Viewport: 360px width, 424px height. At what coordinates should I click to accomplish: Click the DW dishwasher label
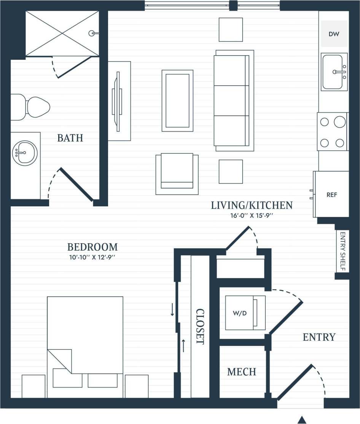tap(334, 34)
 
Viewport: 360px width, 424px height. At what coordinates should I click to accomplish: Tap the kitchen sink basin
tap(334, 72)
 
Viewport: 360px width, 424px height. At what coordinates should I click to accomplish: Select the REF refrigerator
tap(331, 194)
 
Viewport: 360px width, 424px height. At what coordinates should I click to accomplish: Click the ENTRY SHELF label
tap(342, 252)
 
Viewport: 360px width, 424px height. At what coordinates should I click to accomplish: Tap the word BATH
tap(70, 138)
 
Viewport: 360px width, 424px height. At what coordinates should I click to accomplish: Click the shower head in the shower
tap(92, 33)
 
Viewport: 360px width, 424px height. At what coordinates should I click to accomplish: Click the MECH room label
tap(242, 372)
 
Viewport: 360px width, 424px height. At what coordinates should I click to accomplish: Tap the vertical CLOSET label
tap(200, 326)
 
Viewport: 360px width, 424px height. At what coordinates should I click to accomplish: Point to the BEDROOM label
tap(92, 247)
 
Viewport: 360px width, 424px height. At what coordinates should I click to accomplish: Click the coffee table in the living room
tap(177, 100)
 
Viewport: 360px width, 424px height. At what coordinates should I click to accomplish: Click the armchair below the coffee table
tap(177, 174)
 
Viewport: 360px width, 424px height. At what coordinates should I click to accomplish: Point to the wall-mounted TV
tap(116, 101)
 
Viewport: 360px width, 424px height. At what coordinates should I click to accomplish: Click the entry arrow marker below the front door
tap(302, 420)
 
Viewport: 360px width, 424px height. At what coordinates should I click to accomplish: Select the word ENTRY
tap(319, 337)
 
